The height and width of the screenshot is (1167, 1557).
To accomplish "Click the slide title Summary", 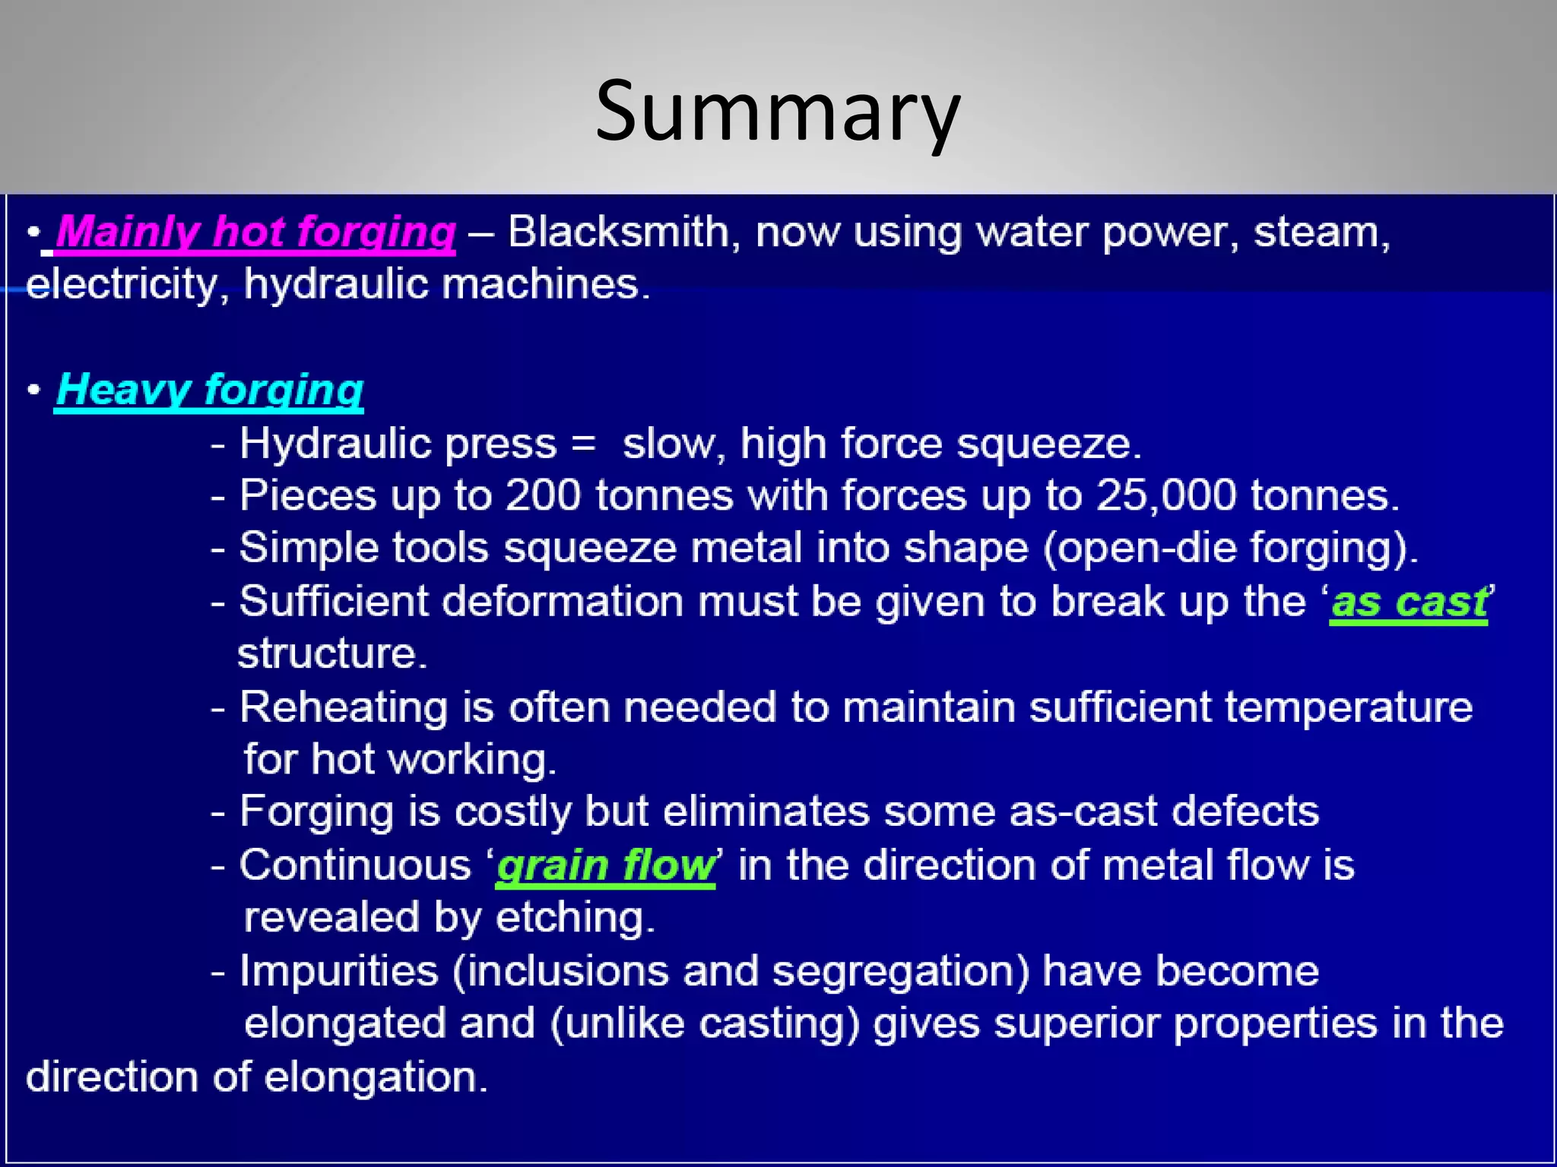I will coord(778,112).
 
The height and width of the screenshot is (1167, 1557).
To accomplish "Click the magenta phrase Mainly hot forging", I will coord(255,232).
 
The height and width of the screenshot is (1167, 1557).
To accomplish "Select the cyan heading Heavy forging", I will coord(209,390).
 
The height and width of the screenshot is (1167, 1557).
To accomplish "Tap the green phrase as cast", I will coord(1409,602).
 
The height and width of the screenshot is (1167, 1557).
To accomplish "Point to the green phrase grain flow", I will coord(606,866).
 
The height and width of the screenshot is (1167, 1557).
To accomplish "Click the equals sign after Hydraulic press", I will coord(583,444).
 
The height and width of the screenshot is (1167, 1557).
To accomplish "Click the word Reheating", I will coord(344,707).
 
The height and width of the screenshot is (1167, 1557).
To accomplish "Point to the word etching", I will coord(575,918).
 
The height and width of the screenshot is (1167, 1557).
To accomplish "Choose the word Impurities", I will coord(339,971).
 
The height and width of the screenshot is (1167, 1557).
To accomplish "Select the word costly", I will coord(512,812).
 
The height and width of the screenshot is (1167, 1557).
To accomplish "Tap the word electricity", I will coord(122,285).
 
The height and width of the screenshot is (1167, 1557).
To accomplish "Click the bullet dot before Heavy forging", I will coord(33,390).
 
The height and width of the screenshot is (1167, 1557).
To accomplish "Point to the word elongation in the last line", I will coord(376,1077).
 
